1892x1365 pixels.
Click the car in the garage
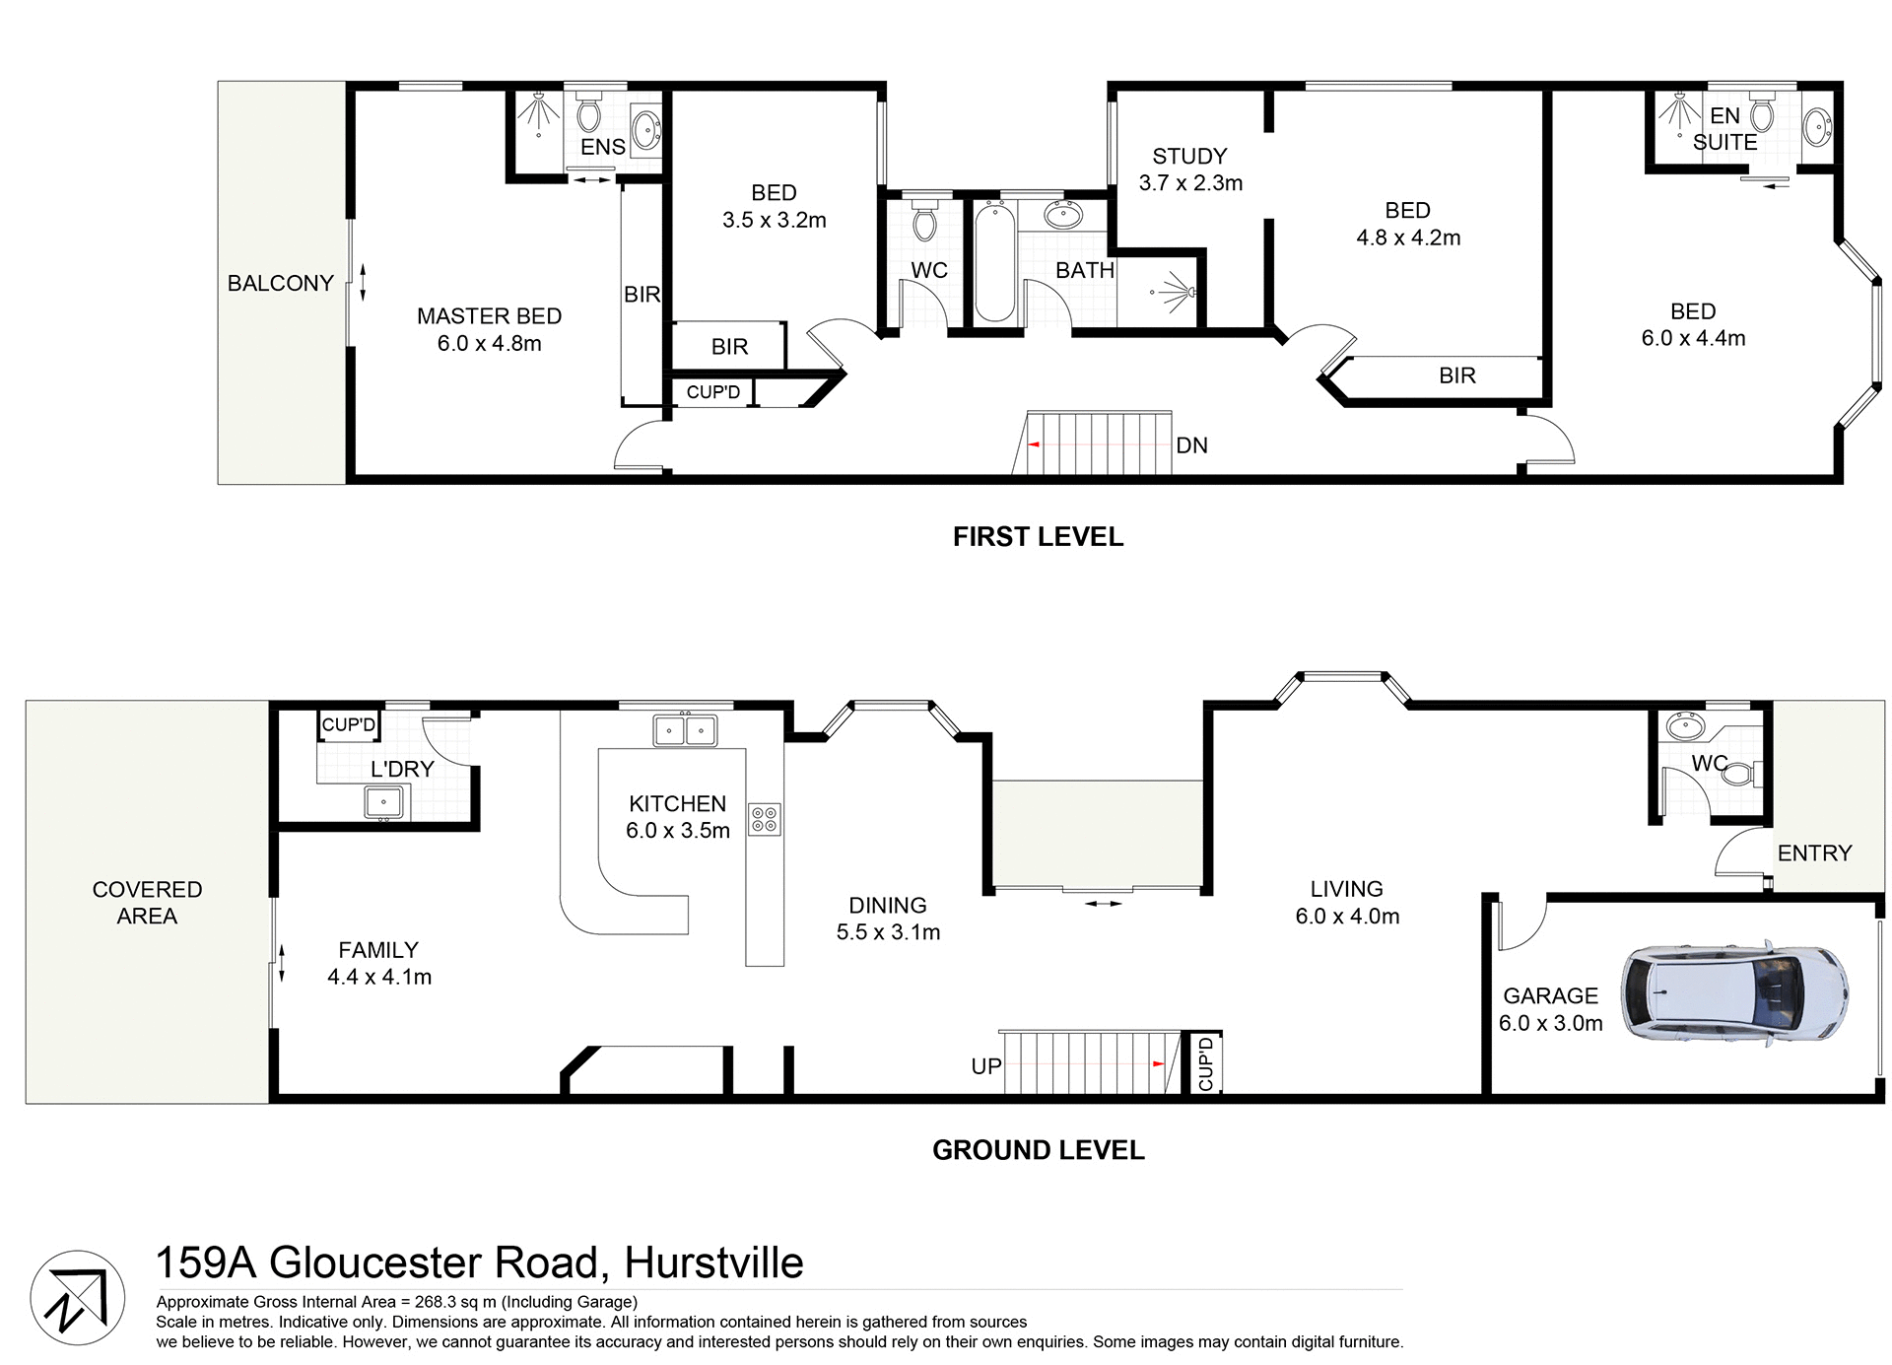pos(1734,993)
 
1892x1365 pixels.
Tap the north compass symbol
pos(77,1297)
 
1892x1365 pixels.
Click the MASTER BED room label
pos(489,329)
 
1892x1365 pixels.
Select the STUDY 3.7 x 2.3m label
pos(1190,170)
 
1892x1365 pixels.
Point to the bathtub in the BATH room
pos(994,262)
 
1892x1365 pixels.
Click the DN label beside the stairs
pos(1191,445)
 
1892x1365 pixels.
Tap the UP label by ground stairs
pos(985,1066)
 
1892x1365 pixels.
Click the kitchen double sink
pos(685,730)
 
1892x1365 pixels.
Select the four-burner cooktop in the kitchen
pos(764,819)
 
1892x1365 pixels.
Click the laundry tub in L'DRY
pos(383,802)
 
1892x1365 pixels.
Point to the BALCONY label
pos(280,284)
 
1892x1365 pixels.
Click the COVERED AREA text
pos(147,903)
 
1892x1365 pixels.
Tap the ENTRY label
pos(1814,853)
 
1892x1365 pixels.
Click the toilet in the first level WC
pos(923,222)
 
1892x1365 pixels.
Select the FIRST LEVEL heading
pos(1038,537)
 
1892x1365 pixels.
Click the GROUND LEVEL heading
pos(1038,1150)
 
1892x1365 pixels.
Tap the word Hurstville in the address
pos(713,1263)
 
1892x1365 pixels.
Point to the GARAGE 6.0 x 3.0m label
pos(1550,1009)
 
